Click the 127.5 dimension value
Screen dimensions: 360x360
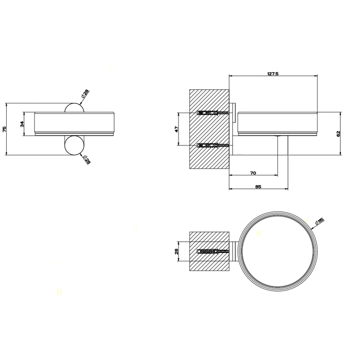click(273, 74)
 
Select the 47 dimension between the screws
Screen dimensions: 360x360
click(176, 130)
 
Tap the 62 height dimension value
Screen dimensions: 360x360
click(338, 133)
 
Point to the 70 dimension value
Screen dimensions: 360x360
click(253, 173)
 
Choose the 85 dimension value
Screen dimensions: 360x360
click(258, 187)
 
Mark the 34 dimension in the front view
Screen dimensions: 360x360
click(22, 124)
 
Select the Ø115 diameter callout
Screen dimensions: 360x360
click(319, 222)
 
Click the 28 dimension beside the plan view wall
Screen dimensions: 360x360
click(176, 251)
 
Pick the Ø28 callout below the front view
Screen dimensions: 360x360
click(86, 160)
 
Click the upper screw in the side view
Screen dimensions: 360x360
click(212, 113)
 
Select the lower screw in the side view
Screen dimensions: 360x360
click(212, 146)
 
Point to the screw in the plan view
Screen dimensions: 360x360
click(212, 251)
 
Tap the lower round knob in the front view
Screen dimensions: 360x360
click(74, 145)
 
